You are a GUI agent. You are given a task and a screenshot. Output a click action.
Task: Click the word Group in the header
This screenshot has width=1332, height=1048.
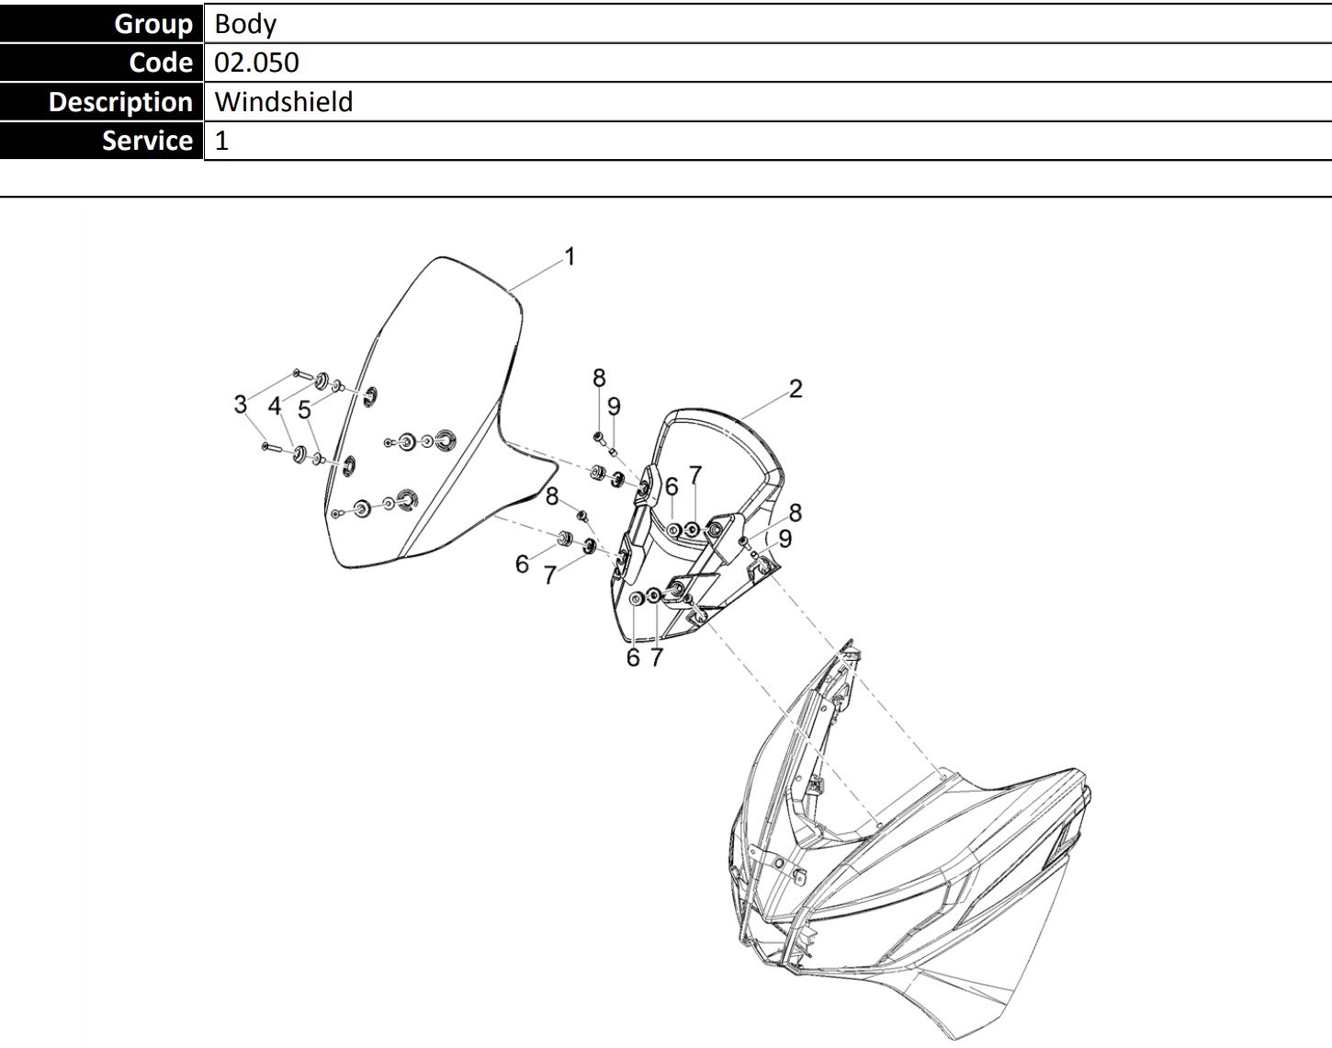point(153,24)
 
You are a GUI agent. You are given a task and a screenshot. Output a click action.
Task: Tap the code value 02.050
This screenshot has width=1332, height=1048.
point(256,63)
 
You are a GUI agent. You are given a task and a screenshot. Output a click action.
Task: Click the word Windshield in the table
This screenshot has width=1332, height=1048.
point(284,101)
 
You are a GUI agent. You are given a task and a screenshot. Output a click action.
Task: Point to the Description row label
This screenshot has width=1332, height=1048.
point(120,101)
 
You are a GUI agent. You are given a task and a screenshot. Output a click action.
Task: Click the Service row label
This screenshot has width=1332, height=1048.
point(147,141)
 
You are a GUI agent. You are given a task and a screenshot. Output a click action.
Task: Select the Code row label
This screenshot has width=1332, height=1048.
point(161,63)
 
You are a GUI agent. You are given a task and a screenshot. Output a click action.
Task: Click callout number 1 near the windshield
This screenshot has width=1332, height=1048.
point(570,257)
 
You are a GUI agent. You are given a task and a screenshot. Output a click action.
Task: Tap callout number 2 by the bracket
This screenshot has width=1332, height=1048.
point(796,389)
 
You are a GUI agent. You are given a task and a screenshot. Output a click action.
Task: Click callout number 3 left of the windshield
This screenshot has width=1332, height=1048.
point(241,404)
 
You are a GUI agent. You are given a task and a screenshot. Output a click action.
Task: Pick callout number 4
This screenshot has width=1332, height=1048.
point(275,406)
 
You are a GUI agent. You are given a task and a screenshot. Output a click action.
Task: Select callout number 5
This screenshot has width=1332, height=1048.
point(304,410)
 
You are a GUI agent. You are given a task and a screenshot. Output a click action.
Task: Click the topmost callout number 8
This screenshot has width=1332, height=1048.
point(599,378)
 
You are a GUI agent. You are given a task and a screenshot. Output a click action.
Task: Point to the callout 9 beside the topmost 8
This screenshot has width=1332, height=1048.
point(614,406)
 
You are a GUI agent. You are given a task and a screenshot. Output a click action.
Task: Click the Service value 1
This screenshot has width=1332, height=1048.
point(221,141)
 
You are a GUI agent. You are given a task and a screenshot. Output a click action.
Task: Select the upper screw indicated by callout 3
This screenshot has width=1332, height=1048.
point(304,374)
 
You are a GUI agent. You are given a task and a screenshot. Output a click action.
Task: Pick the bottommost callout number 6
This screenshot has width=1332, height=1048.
point(633,658)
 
